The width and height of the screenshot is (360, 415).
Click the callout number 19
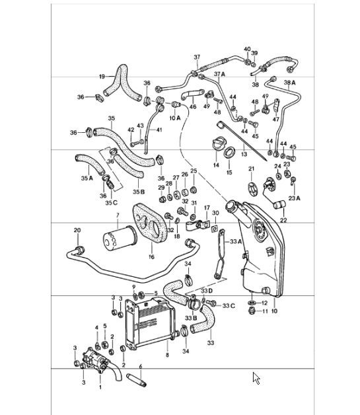pyautogui.click(x=102, y=77)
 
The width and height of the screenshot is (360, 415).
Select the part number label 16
pyautogui.click(x=151, y=257)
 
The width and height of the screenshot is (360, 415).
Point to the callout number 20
pyautogui.click(x=77, y=231)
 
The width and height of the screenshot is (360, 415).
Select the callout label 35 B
pyautogui.click(x=137, y=192)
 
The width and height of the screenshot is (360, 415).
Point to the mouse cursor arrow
pyautogui.click(x=257, y=378)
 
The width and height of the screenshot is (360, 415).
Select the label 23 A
pyautogui.click(x=294, y=198)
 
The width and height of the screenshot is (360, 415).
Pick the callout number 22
pyautogui.click(x=284, y=220)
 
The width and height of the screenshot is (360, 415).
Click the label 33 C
pyautogui.click(x=228, y=305)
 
